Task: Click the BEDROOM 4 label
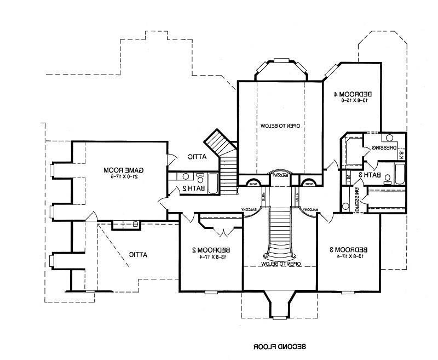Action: [x=354, y=93]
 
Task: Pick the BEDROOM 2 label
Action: [x=211, y=250]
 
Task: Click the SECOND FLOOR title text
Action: [x=280, y=347]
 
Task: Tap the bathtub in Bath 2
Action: [x=212, y=183]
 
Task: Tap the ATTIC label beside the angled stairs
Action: [x=195, y=157]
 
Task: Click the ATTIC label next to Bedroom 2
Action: [x=138, y=254]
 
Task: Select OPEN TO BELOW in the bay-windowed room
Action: [x=279, y=125]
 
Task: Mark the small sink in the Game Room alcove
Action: [x=135, y=223]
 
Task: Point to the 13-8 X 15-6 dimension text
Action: [x=354, y=101]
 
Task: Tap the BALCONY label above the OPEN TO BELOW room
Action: [x=279, y=175]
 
